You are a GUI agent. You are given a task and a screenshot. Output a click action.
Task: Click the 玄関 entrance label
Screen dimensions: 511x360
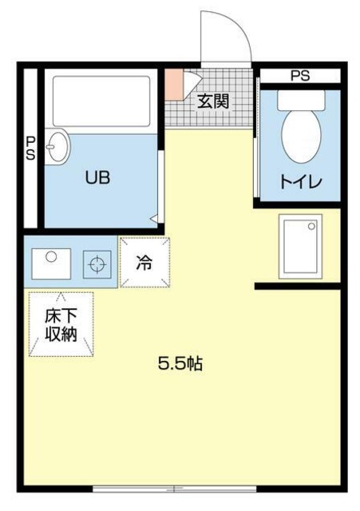coord(214,101)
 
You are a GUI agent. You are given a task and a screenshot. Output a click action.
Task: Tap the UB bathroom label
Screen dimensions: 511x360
coord(97,178)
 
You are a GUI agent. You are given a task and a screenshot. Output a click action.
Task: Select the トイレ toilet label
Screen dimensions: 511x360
coord(300,182)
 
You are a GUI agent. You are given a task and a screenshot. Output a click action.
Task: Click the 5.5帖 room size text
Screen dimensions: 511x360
coord(180,364)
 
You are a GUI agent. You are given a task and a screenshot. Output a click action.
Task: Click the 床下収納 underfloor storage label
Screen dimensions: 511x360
coord(61,324)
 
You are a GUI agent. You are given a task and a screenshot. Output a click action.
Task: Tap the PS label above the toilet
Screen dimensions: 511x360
coord(300,77)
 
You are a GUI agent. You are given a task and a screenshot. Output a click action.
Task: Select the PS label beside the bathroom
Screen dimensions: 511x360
coord(30,149)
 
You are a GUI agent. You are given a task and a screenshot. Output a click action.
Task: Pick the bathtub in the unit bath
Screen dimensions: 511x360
coord(101,101)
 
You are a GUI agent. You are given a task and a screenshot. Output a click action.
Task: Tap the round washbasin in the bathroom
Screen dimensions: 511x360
coord(57,147)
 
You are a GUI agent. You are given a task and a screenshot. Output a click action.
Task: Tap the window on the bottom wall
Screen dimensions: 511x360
coord(176,487)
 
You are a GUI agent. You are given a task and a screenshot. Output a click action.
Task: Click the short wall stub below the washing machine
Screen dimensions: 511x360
coord(297,286)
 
